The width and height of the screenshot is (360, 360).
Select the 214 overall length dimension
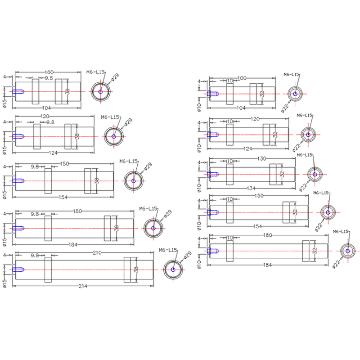click(83, 286)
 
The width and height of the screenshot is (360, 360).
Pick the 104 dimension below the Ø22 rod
click(241, 108)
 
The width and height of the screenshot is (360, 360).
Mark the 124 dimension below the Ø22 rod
click(248, 148)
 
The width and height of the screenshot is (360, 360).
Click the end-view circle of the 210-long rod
click(173, 270)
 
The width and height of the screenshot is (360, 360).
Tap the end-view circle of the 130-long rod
click(315, 173)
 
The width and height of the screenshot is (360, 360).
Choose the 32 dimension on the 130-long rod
click(282, 173)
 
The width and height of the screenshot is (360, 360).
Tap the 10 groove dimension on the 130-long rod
click(229, 161)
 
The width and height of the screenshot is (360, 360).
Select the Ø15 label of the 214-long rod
click(4, 283)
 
